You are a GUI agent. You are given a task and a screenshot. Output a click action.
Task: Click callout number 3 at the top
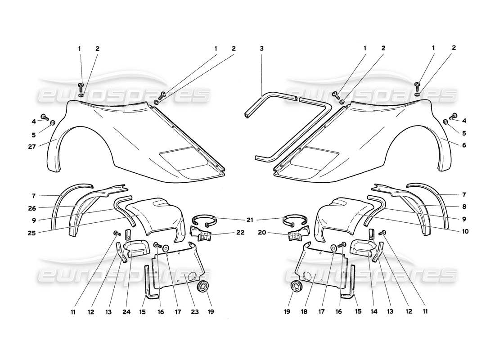(x=261, y=48)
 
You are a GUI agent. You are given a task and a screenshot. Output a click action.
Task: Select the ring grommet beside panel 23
(x=204, y=286)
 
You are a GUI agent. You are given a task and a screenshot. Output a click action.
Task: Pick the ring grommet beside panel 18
(x=296, y=286)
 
